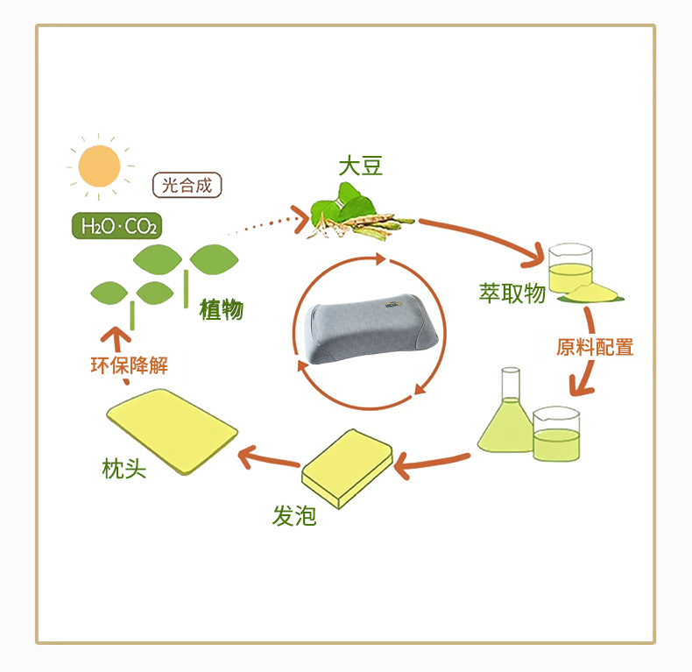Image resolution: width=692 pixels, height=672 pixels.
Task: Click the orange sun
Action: [98, 164]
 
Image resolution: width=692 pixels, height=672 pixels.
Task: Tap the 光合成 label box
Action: [187, 186]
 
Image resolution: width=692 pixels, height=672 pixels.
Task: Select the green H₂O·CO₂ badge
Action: [117, 226]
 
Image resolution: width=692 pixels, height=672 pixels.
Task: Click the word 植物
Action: [222, 309]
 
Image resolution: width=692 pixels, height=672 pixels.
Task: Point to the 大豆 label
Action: [361, 166]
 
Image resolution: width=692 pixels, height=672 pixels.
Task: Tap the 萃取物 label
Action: [512, 294]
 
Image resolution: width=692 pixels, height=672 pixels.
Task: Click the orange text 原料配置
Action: [595, 347]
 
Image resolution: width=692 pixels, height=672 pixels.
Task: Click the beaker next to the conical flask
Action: [556, 434]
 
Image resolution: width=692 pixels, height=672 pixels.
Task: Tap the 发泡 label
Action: [293, 516]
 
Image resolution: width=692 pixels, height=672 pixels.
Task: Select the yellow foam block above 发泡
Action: [348, 468]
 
